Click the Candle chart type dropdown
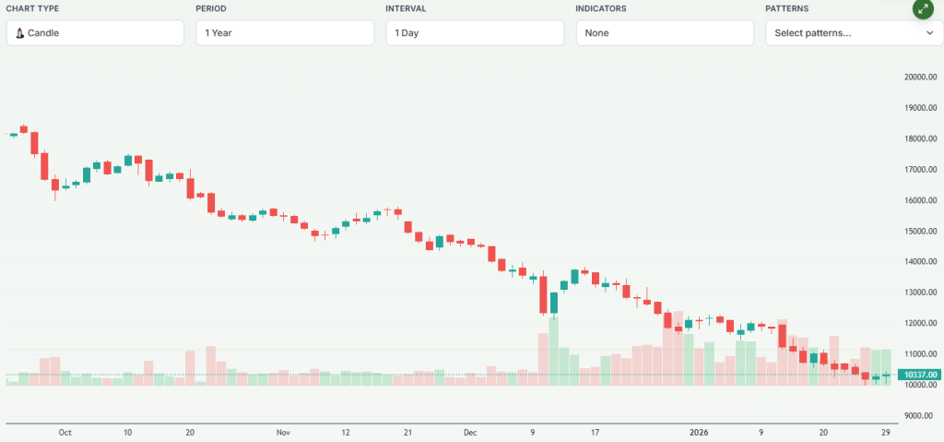95,33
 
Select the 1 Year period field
285,33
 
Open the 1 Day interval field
475,33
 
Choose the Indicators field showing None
665,33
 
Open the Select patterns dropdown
854,33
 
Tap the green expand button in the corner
924,9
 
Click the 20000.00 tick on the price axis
919,78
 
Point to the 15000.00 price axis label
919,232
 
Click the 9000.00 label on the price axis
921,416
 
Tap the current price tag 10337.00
919,375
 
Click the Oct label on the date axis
65,432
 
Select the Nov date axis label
283,432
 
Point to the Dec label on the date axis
470,432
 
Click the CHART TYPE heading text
34,8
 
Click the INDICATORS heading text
601,8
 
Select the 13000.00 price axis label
919,293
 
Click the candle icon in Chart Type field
19,33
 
